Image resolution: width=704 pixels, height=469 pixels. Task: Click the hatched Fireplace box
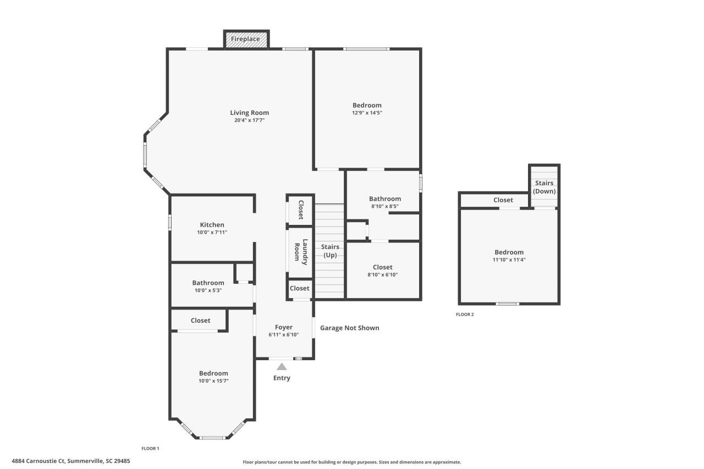coord(246,39)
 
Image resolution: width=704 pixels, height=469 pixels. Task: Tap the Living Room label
coord(249,113)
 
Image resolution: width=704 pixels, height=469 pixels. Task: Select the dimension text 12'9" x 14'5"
coord(367,113)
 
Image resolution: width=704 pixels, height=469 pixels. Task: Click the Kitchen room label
coord(212,225)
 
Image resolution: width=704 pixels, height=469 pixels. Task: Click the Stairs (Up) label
coord(330,251)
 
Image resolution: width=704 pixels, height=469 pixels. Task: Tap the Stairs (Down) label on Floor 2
coord(544,187)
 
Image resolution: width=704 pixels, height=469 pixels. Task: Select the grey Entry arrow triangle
coord(282,367)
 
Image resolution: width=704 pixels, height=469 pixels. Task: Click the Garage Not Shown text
coord(350,328)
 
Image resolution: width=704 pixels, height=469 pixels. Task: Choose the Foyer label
coord(284,327)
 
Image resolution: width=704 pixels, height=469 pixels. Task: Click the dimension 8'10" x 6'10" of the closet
coord(382,274)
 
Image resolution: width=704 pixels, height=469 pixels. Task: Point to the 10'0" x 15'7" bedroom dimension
coord(213,380)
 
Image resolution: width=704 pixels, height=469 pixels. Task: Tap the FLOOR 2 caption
coord(465,314)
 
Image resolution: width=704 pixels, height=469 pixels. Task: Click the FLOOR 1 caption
coord(150,449)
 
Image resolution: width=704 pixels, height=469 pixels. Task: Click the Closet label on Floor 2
coord(503,200)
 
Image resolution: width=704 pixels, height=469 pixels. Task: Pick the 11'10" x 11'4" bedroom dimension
coord(509,260)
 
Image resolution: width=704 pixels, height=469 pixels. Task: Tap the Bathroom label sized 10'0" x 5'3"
coord(208,283)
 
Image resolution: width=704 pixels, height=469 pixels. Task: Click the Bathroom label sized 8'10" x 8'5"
coord(385,199)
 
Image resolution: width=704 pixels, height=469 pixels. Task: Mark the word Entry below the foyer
coord(282,378)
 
